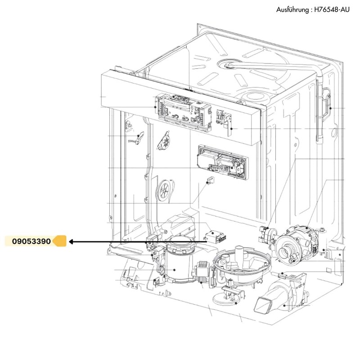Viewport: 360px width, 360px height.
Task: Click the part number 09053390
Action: click(31, 242)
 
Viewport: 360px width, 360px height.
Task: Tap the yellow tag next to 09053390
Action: click(60, 242)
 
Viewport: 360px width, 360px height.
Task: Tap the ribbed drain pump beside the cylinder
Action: click(202, 273)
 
